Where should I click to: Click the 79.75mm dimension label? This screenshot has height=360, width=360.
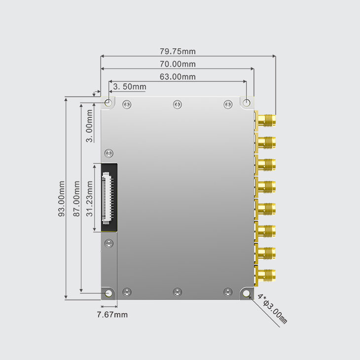click(178, 51)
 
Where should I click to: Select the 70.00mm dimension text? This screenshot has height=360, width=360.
click(178, 64)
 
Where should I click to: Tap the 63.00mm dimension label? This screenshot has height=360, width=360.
click(178, 76)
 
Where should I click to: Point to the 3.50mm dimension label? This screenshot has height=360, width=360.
click(130, 87)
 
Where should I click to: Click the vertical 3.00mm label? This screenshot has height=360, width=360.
click(89, 126)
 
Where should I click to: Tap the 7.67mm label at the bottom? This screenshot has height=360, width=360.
click(111, 314)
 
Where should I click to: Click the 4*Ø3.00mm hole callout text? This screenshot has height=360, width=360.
click(272, 309)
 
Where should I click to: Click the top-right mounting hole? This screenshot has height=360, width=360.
click(247, 103)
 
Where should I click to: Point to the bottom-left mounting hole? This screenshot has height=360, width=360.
click(108, 294)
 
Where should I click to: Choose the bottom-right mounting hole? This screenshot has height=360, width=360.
click(247, 294)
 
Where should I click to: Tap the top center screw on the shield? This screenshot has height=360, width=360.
click(178, 104)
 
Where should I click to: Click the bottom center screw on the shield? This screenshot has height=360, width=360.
click(178, 292)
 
